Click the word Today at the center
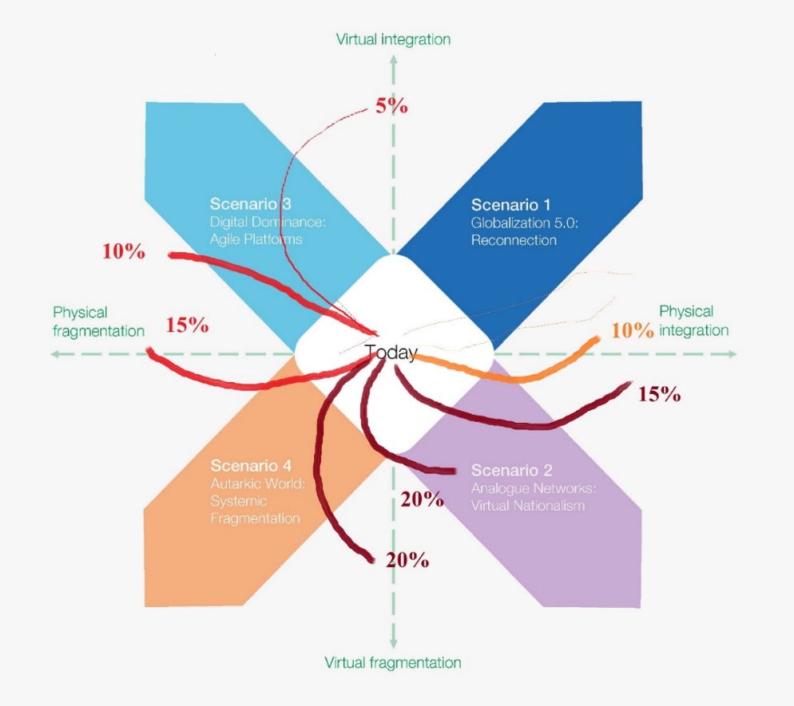tap(391, 353)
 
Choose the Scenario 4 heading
tap(251, 465)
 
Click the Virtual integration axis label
tap(393, 39)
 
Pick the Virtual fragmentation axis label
tap(393, 663)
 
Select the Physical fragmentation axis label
tap(98, 321)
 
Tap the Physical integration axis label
tap(693, 321)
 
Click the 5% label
tap(392, 105)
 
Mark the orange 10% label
tap(633, 330)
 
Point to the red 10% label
tap(124, 251)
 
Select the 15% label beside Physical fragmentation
tap(188, 325)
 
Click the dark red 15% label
tap(659, 393)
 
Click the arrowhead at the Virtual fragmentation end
tap(393, 641)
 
